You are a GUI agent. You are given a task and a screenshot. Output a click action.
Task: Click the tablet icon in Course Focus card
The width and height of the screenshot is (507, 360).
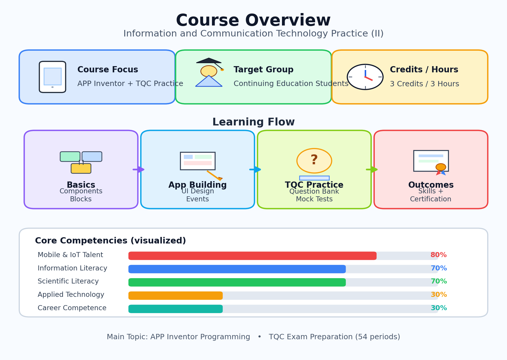(52, 77)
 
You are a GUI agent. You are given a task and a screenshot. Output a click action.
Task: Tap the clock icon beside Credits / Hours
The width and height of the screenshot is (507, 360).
(365, 77)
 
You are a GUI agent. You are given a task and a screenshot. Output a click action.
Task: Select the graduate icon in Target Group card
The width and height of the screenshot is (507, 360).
(209, 72)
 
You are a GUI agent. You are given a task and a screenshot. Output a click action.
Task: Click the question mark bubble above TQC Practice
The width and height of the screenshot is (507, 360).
(314, 161)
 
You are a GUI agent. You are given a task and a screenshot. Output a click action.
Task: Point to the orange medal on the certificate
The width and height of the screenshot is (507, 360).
(441, 167)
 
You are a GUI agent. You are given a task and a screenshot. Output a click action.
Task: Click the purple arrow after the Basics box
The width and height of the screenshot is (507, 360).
(138, 169)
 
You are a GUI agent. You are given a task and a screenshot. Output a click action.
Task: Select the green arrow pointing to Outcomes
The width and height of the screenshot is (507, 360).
(372, 169)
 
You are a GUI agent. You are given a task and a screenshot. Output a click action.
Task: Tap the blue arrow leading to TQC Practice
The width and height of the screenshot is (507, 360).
(255, 169)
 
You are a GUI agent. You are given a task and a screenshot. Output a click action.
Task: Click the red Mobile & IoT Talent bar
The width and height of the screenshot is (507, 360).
(252, 256)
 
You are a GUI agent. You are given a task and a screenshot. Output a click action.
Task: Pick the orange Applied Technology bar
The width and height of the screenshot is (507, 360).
(176, 296)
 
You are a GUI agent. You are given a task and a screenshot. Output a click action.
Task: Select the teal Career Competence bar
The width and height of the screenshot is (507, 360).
(176, 309)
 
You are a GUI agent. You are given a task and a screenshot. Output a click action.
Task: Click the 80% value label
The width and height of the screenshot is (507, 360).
(439, 255)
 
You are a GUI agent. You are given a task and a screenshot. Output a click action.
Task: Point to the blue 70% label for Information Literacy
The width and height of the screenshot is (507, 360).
(439, 268)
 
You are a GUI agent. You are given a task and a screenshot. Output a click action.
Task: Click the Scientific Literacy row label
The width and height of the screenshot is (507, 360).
(68, 281)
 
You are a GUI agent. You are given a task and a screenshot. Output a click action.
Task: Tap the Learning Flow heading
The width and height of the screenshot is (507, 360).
(253, 122)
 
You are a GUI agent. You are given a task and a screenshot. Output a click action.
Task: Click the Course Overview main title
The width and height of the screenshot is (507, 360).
(253, 20)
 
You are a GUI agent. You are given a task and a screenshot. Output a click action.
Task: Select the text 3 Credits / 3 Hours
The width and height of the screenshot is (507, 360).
(424, 84)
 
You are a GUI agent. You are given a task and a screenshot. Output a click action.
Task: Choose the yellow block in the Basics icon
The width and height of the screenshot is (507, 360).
(81, 168)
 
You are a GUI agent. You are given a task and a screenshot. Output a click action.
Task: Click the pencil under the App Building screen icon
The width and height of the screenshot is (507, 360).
(215, 176)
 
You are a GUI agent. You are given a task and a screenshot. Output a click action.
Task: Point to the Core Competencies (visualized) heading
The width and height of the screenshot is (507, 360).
(111, 241)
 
